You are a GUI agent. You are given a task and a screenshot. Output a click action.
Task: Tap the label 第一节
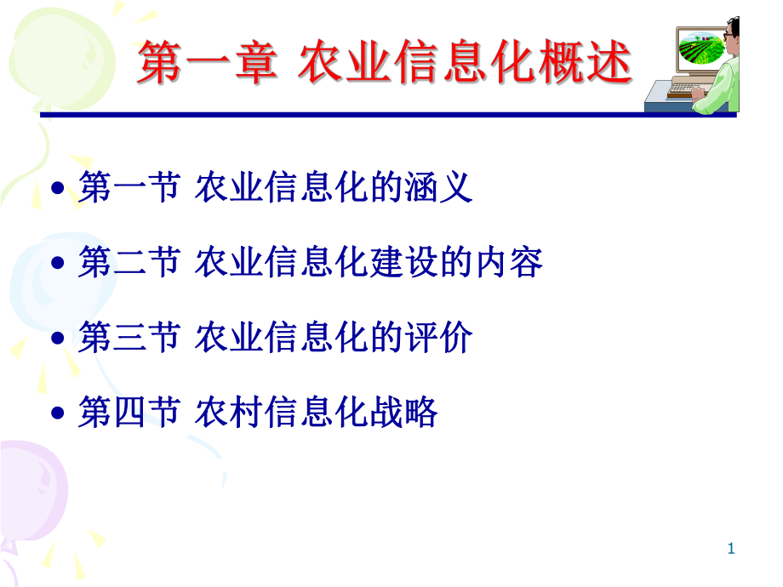(129, 187)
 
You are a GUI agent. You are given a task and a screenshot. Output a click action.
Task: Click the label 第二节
(129, 263)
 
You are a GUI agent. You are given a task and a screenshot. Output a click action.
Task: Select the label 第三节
(129, 339)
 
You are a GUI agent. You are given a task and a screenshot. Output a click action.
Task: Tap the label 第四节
(129, 413)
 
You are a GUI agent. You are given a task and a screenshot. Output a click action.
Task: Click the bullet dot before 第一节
(58, 189)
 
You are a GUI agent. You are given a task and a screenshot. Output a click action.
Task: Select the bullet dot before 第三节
(58, 339)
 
